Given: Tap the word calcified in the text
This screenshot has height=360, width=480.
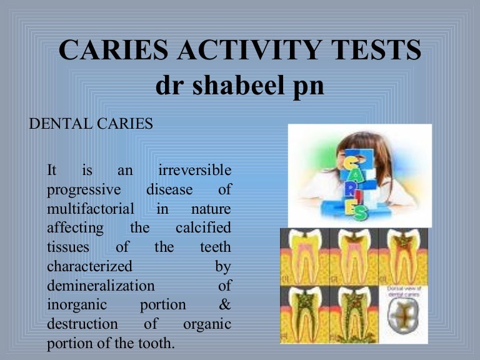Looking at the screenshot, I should coord(203,227).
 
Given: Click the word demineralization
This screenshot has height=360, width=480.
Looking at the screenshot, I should coord(101,286).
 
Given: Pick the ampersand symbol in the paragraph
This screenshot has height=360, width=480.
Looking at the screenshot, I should coord(225,305).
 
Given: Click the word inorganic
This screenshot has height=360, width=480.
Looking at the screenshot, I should coord(76,305).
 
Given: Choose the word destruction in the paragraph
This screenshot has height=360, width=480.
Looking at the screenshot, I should coord(82,324).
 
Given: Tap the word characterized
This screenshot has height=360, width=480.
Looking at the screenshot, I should coord(89,266).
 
